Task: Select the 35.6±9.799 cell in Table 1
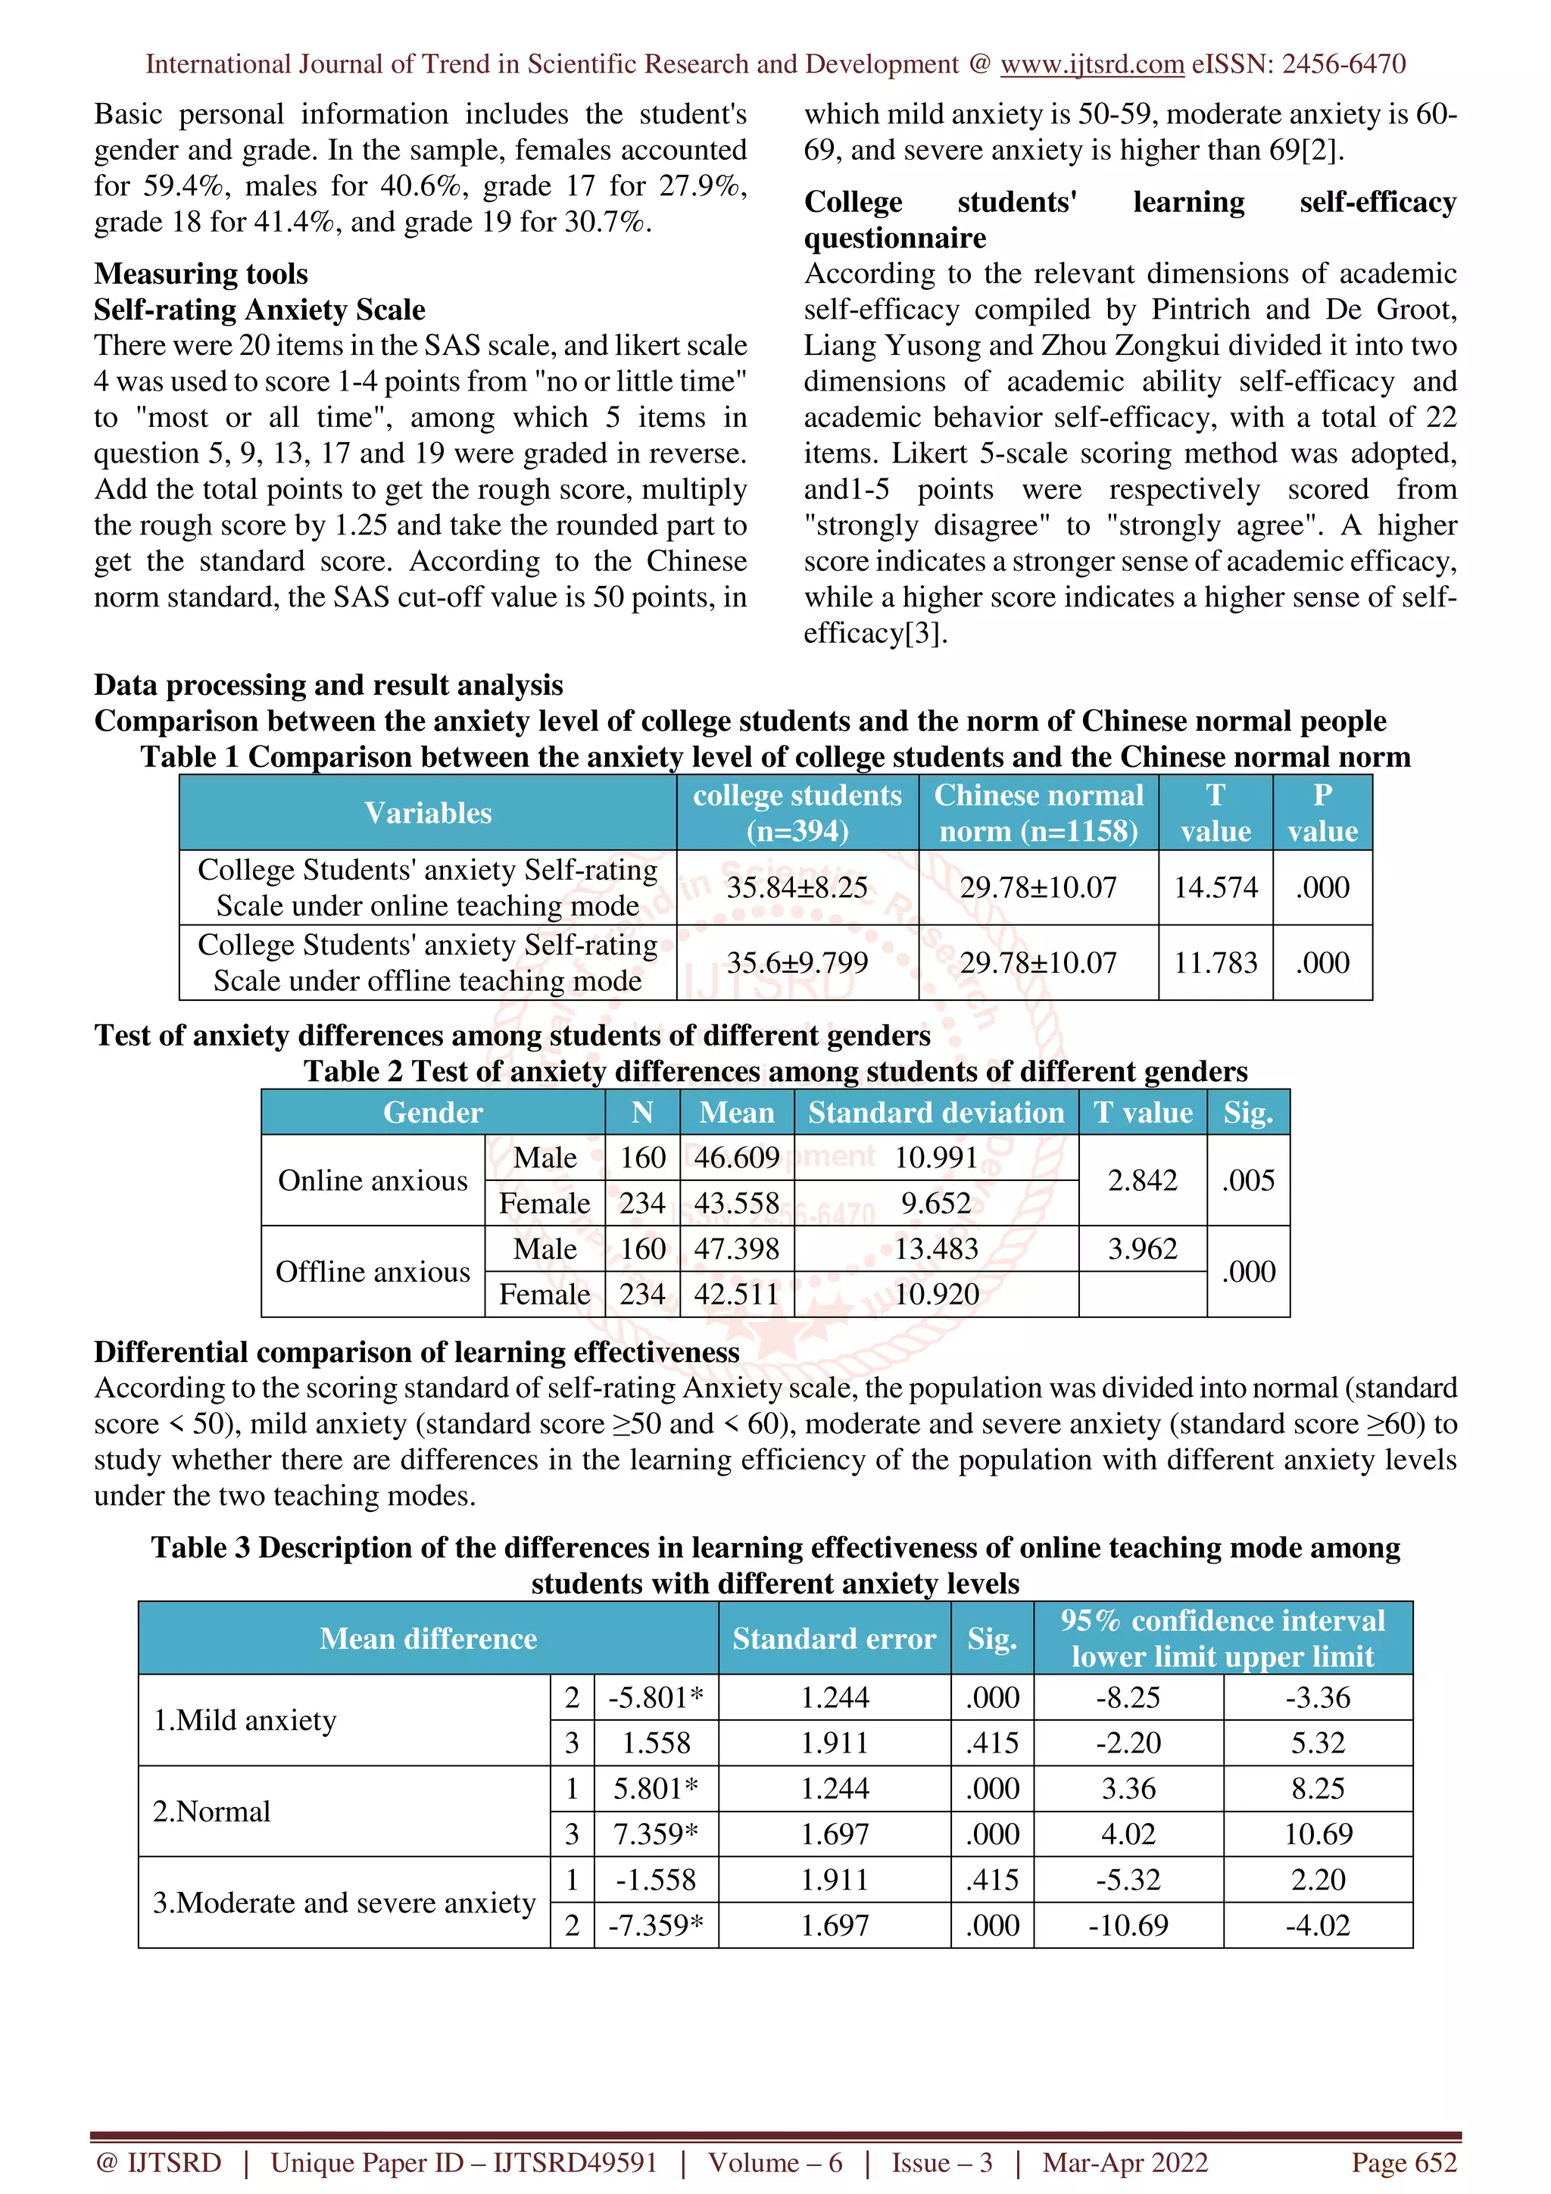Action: pyautogui.click(x=797, y=962)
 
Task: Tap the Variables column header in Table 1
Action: pyautogui.click(x=427, y=812)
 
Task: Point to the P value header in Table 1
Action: pyautogui.click(x=1322, y=812)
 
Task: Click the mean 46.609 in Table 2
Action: pyautogui.click(x=736, y=1158)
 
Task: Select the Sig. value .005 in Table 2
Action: pyautogui.click(x=1248, y=1180)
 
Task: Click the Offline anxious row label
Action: pyautogui.click(x=373, y=1272)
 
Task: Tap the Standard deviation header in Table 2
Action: pyautogui.click(x=935, y=1112)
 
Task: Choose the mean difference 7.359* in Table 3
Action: pyautogui.click(x=656, y=1834)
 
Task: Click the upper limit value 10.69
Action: pyautogui.click(x=1318, y=1834)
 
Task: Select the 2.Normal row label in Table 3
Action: pyautogui.click(x=212, y=1811)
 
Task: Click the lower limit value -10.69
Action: pyautogui.click(x=1128, y=1924)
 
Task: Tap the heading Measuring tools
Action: pyautogui.click(x=201, y=273)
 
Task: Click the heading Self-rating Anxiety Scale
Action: pyautogui.click(x=259, y=310)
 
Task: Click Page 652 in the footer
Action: pyautogui.click(x=1403, y=2162)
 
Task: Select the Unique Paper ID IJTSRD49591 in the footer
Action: pyautogui.click(x=464, y=2162)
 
